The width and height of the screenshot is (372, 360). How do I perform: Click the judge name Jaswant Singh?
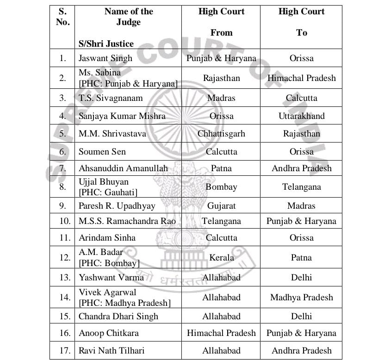click(x=105, y=58)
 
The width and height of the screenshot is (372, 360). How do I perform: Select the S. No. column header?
click(x=62, y=17)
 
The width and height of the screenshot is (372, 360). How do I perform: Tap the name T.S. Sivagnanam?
click(x=111, y=98)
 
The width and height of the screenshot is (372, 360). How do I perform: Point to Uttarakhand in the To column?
click(x=301, y=116)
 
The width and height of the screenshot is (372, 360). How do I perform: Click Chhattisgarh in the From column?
click(x=221, y=134)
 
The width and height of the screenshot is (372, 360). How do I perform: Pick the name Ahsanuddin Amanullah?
click(x=123, y=168)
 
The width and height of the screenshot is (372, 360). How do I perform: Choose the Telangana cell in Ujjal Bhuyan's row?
click(x=301, y=187)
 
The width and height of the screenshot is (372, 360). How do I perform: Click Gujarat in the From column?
click(x=221, y=205)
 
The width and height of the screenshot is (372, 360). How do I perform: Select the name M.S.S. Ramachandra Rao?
click(x=127, y=221)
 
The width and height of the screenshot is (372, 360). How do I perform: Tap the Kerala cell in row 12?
click(x=221, y=258)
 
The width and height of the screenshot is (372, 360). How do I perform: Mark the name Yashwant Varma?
click(x=111, y=278)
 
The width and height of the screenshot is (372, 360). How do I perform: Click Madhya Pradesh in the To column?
click(x=301, y=298)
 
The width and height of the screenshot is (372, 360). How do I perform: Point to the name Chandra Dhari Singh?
click(x=118, y=317)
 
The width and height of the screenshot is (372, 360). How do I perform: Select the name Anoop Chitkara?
click(x=108, y=333)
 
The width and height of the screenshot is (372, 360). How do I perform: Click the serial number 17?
click(x=65, y=350)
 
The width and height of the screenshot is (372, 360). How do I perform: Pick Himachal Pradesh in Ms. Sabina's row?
click(x=301, y=78)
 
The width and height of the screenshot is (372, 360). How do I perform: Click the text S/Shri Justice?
click(x=106, y=44)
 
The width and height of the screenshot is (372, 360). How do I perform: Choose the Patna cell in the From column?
click(x=221, y=168)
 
